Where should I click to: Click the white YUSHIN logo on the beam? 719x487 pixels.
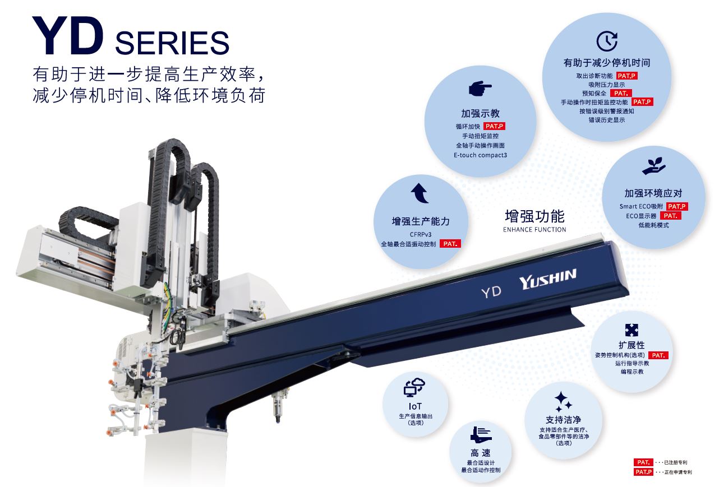click(x=547, y=279)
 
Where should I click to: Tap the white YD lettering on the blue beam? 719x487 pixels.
click(x=491, y=292)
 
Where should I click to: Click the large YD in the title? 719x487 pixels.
click(x=68, y=36)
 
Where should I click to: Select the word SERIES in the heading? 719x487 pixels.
click(x=172, y=43)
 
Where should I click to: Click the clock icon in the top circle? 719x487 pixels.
click(x=607, y=41)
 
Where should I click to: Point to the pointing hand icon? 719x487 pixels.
click(x=480, y=88)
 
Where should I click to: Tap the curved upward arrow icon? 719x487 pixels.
click(x=420, y=193)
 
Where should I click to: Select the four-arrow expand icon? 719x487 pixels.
click(x=632, y=330)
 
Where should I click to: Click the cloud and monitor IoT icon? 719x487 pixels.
click(x=414, y=387)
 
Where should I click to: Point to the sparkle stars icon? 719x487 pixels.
click(x=563, y=401)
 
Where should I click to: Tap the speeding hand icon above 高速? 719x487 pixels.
click(x=481, y=435)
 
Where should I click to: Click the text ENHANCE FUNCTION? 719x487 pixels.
click(x=534, y=230)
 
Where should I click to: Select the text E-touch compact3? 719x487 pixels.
click(x=480, y=155)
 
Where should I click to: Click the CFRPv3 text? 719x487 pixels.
click(x=421, y=234)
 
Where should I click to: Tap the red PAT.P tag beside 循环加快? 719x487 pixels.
click(x=494, y=126)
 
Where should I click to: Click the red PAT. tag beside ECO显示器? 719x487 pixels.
click(x=671, y=216)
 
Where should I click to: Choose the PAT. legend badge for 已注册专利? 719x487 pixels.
click(x=643, y=462)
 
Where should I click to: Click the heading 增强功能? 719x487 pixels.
click(x=534, y=216)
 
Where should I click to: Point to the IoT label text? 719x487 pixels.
click(x=415, y=406)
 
